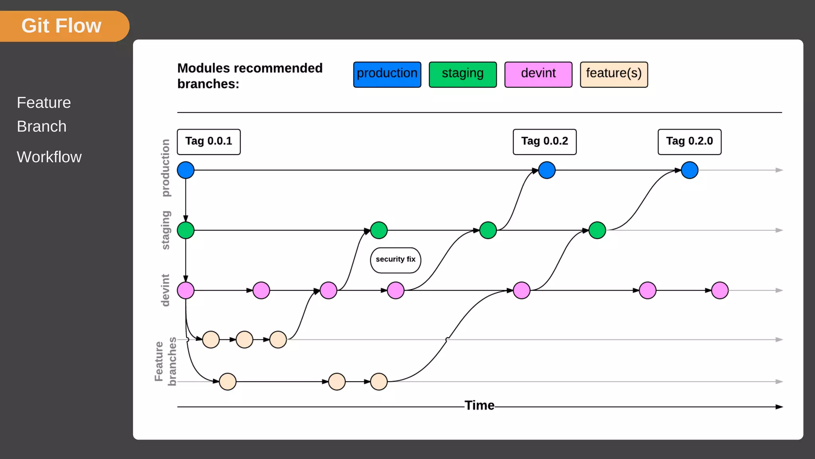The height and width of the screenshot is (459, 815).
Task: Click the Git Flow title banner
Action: click(x=62, y=26)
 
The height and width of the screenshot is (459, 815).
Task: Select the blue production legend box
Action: click(x=387, y=74)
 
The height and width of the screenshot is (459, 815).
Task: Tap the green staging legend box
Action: click(x=462, y=74)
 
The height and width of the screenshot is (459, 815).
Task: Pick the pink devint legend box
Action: click(x=538, y=74)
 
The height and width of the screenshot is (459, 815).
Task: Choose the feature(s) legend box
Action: click(x=614, y=74)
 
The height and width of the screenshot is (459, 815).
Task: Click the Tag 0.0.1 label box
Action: click(x=209, y=141)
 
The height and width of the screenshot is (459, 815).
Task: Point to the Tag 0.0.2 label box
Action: click(x=544, y=141)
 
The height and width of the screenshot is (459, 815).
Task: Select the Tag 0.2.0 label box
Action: click(x=689, y=141)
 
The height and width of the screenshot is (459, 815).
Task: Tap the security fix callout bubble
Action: click(x=395, y=260)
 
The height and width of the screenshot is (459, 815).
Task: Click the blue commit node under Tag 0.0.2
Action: click(x=547, y=170)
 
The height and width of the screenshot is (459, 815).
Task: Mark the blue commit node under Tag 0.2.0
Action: click(x=689, y=170)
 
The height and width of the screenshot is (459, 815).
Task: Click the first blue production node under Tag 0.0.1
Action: click(x=185, y=170)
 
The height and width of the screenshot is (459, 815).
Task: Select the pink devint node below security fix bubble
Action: click(x=396, y=290)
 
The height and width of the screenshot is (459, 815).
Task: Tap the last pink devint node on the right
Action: click(x=719, y=290)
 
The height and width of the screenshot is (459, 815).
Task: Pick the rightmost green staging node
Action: click(x=597, y=230)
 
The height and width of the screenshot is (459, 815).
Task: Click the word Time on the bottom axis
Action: click(x=479, y=406)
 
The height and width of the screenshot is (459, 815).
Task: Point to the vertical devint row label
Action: click(x=165, y=290)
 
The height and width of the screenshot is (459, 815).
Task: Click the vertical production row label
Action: click(x=165, y=168)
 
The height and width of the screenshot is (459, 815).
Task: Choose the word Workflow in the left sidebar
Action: click(x=49, y=157)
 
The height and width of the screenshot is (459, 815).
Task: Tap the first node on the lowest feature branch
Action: click(x=228, y=382)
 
